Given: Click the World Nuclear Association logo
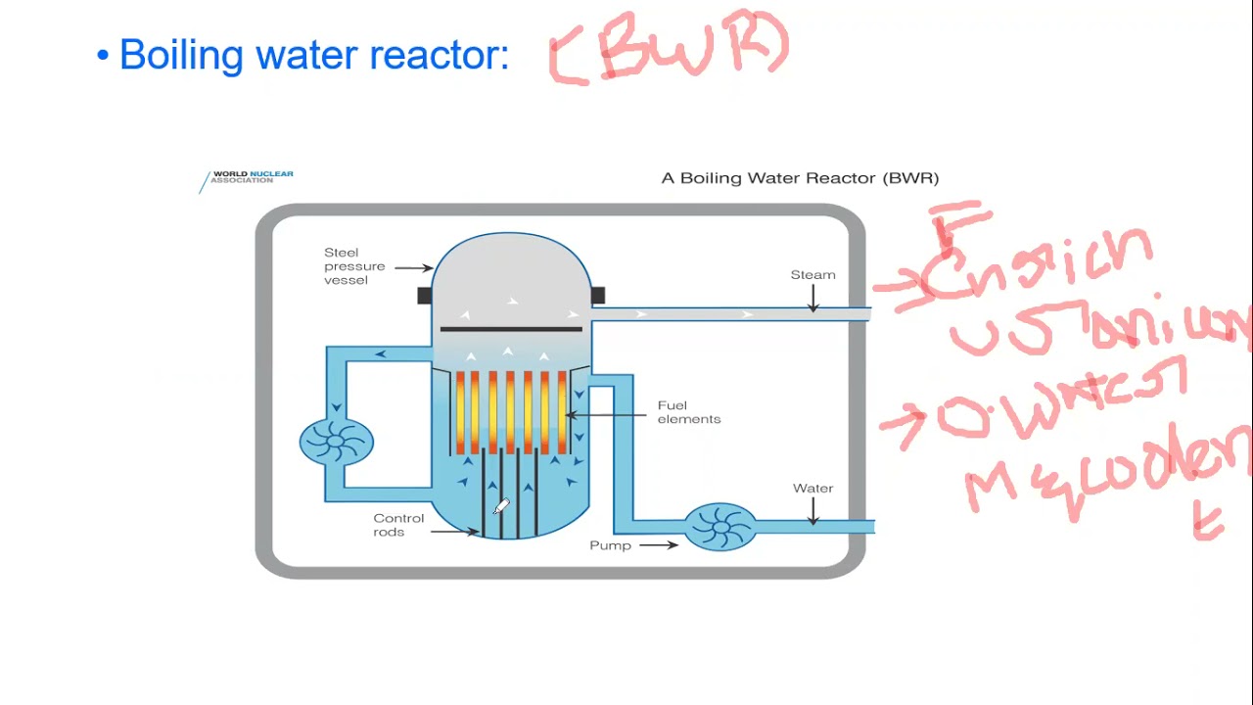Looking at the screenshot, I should point(248,177).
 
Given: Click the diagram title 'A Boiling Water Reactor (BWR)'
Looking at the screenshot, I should point(800,178).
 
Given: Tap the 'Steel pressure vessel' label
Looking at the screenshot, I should point(354,266).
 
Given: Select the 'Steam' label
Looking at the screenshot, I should point(812,275).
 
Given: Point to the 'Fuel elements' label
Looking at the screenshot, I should point(688,412).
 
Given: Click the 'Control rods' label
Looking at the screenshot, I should point(398,525).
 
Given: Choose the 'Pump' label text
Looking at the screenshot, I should point(610,545).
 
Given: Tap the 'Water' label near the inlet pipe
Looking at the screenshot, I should point(812,489).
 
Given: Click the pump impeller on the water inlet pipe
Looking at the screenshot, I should point(719,527).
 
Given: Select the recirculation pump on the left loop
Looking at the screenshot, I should point(336,441).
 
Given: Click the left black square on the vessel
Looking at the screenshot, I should point(424,295).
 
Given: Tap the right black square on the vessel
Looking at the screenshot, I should point(597,295).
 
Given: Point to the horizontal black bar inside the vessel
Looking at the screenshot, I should point(511,329).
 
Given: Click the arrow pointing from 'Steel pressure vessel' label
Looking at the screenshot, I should point(413,267).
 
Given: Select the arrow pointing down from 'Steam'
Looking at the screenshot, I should point(812,300).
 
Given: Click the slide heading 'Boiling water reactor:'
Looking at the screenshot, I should point(313,55).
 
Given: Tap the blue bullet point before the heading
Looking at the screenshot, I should point(103,56).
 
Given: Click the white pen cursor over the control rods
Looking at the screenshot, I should point(501,506).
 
